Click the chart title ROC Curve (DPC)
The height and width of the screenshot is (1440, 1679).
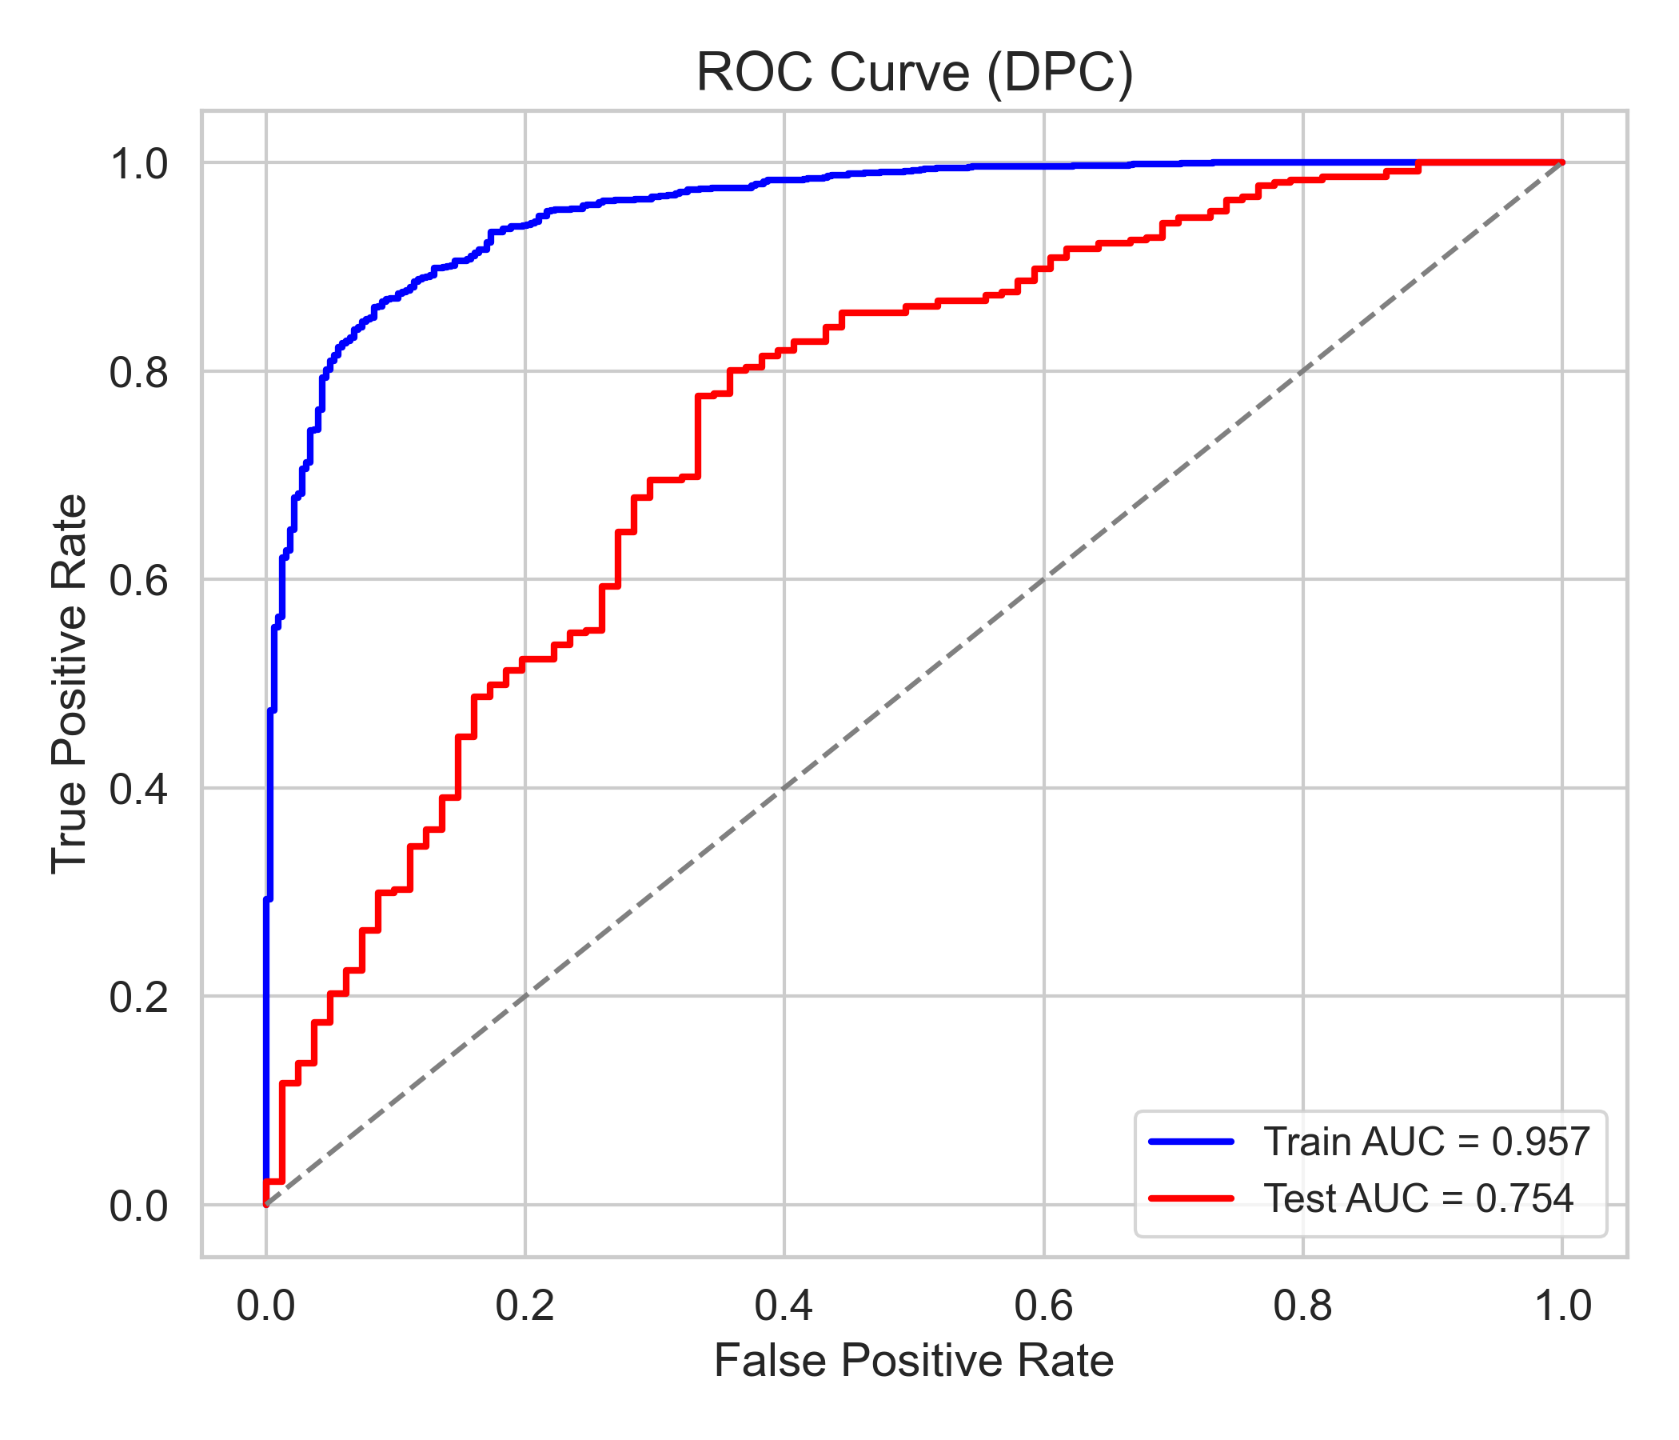[914, 73]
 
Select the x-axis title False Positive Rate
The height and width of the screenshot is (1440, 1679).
[914, 1361]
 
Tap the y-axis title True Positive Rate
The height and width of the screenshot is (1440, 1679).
[70, 684]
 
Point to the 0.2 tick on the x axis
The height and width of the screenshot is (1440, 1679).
[525, 1307]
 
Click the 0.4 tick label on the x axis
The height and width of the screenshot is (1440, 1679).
[784, 1307]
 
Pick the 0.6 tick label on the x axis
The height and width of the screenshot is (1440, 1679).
[1043, 1307]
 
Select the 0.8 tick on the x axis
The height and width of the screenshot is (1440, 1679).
[1303, 1307]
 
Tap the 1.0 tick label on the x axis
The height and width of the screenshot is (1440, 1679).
[1562, 1307]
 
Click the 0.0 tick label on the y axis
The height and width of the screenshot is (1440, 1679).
[138, 1206]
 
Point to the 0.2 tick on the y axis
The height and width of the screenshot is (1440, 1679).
[138, 998]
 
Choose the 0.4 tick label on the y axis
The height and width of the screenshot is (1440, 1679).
[138, 789]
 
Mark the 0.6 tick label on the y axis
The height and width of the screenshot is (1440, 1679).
[138, 581]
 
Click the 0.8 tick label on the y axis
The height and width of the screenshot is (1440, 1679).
[138, 372]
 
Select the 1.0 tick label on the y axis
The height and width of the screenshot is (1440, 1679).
[138, 165]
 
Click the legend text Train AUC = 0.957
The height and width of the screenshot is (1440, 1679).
[1427, 1142]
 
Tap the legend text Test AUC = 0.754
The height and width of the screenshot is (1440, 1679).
[1419, 1198]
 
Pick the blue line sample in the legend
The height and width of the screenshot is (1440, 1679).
[1191, 1142]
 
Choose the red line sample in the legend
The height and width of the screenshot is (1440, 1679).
[1191, 1198]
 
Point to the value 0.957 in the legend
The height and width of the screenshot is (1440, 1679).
[1541, 1142]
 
